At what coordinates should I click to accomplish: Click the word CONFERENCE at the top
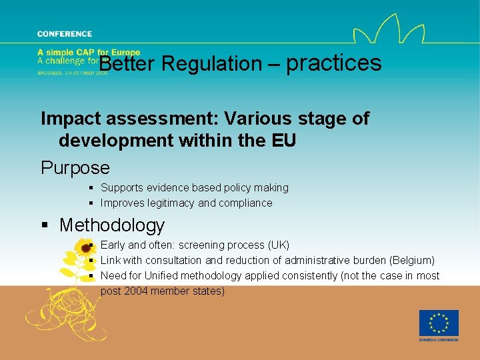click(x=65, y=34)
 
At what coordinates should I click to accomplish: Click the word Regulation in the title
click(x=211, y=64)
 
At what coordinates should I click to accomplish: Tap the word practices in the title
click(x=333, y=63)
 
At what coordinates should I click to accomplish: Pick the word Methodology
click(x=112, y=225)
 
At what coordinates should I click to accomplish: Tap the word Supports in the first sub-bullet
click(x=121, y=188)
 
